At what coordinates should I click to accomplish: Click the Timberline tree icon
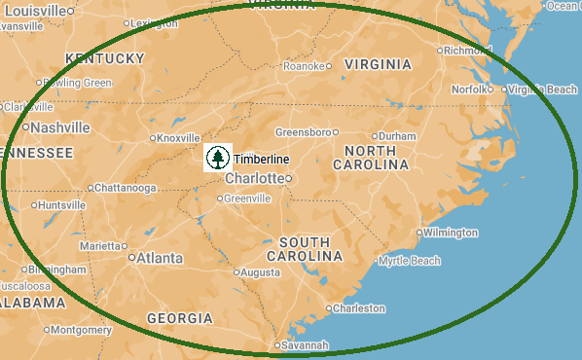[x=217, y=158]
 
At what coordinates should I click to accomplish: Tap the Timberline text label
[x=261, y=159]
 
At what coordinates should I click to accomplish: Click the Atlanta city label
[x=159, y=258]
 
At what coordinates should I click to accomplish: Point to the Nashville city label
[x=59, y=127]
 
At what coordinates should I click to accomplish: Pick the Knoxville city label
[x=177, y=138]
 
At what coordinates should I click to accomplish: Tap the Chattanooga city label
[x=126, y=188]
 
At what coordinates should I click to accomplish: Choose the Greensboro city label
[x=303, y=131]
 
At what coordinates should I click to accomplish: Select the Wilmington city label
[x=452, y=233]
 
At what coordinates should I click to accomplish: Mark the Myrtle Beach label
[x=410, y=261]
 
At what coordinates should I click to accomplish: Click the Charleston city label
[x=358, y=308]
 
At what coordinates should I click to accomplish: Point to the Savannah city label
[x=306, y=344]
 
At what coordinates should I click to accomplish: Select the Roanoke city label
[x=304, y=66]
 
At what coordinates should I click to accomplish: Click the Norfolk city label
[x=470, y=90]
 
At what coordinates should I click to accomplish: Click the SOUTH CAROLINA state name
[x=310, y=248]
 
